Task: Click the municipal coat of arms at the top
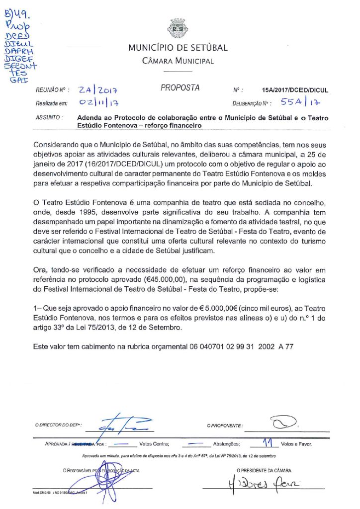[x=178, y=28]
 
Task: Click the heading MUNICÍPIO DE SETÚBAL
[x=178, y=48]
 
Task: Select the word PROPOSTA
[x=180, y=88]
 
